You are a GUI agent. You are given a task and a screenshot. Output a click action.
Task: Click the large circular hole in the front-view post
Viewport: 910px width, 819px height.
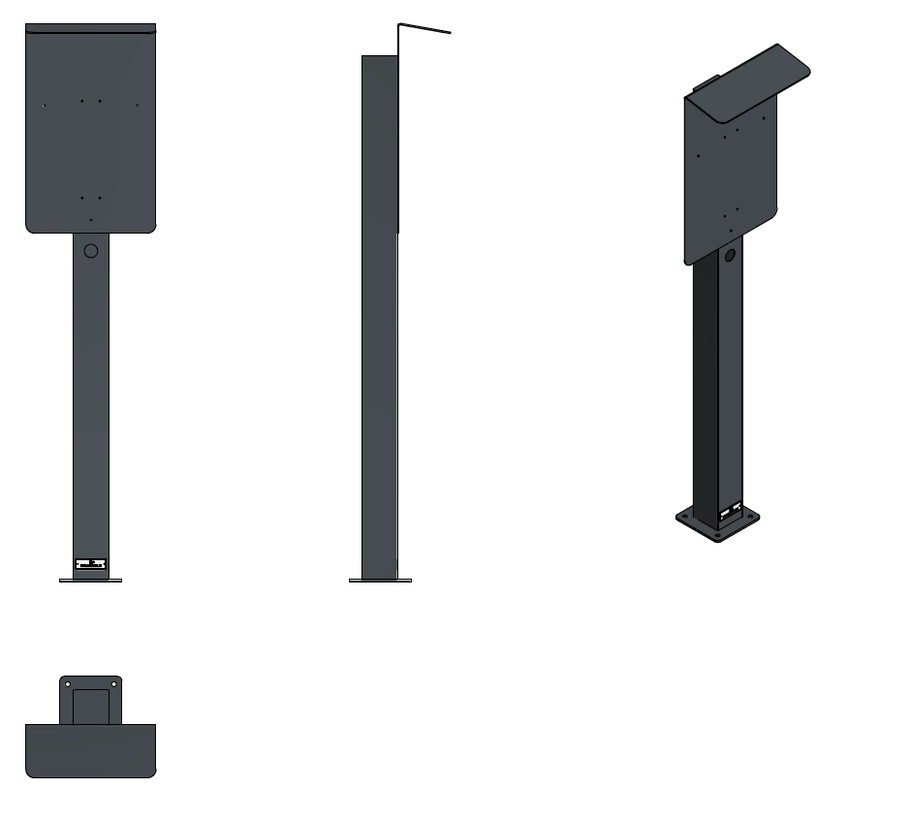[x=91, y=251]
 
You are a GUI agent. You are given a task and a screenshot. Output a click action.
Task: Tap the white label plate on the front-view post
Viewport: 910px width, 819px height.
[x=91, y=564]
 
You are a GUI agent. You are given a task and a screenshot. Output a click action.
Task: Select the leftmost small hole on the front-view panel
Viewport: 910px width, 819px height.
[x=45, y=106]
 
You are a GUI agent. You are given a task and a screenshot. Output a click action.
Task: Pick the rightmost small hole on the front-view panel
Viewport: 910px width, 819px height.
[x=138, y=105]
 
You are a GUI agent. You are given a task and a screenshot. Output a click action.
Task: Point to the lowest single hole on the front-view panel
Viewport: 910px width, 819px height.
[x=91, y=220]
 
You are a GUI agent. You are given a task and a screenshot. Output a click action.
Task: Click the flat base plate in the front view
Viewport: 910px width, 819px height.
[x=90, y=581]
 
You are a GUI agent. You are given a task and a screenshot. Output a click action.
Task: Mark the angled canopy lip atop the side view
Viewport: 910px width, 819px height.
[x=425, y=28]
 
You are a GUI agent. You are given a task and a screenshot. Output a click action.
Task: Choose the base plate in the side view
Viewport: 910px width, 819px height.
[x=380, y=581]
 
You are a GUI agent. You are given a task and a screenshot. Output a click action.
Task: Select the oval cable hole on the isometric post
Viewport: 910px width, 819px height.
[x=730, y=255]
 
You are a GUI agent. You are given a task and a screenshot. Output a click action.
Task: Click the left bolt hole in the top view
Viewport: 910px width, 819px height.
[x=68, y=685]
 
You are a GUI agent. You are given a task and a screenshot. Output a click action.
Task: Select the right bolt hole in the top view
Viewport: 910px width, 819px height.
[x=114, y=685]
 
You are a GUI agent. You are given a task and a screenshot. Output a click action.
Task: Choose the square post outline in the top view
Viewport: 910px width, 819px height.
[x=91, y=707]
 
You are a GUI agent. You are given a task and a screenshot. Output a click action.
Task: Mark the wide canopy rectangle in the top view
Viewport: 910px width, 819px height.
[x=90, y=750]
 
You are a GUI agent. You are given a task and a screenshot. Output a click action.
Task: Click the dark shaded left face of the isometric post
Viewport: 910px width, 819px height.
[x=705, y=388]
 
